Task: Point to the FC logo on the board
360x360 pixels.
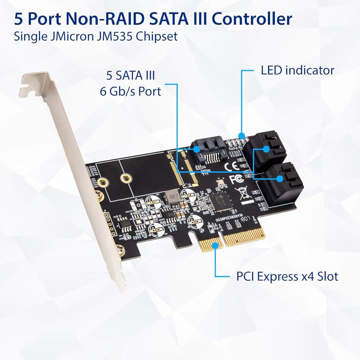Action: point(235,178)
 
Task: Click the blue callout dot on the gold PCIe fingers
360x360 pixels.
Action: point(215,246)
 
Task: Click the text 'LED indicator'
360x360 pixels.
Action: point(297,70)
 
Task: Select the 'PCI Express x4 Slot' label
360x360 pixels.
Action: point(287,276)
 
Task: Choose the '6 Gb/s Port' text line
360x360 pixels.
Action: point(130,91)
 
